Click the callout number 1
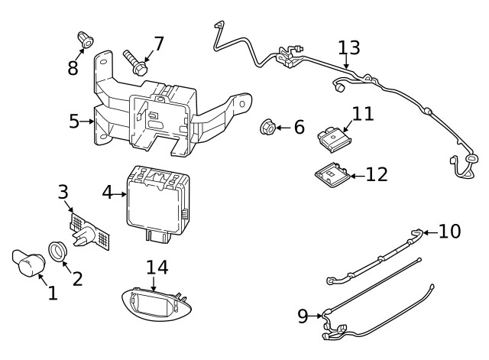point(52,293)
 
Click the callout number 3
point(63,191)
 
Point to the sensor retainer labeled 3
point(90,232)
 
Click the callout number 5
point(74,121)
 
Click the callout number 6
point(298,126)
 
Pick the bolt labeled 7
point(135,61)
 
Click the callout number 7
point(158,44)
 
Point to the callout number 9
point(303,315)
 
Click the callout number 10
point(449,231)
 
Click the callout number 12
point(377,174)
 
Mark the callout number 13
point(349,47)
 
